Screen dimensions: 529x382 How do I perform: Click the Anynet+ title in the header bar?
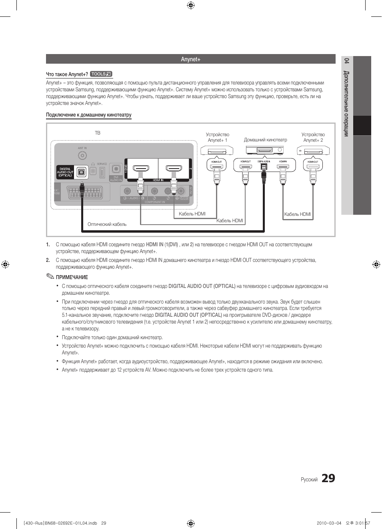(190, 59)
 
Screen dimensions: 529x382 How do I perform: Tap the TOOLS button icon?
(101, 74)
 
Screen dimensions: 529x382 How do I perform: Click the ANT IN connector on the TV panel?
(82, 155)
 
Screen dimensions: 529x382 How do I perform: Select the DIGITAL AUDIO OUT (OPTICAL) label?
(65, 172)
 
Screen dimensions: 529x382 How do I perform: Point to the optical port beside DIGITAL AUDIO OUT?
(81, 172)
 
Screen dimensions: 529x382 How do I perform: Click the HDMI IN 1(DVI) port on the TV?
(141, 169)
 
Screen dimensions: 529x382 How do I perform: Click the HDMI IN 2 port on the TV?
(174, 169)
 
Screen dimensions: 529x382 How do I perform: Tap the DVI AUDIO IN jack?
(116, 169)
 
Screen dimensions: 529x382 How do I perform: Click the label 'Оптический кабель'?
(107, 224)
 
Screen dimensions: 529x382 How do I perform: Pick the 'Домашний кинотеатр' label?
(265, 140)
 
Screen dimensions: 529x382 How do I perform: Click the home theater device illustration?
(264, 151)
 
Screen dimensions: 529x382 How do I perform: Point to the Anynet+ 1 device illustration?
(216, 151)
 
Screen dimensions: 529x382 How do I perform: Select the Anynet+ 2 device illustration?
(313, 151)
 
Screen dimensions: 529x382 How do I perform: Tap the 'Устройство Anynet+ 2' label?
(313, 137)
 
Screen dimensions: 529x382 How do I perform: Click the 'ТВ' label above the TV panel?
(97, 133)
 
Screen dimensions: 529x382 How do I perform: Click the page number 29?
(328, 478)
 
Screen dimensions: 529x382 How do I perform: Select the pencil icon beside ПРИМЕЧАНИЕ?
(50, 277)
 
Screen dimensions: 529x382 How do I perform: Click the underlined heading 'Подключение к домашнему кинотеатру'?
(89, 115)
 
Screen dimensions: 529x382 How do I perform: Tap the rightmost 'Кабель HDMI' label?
(297, 214)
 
